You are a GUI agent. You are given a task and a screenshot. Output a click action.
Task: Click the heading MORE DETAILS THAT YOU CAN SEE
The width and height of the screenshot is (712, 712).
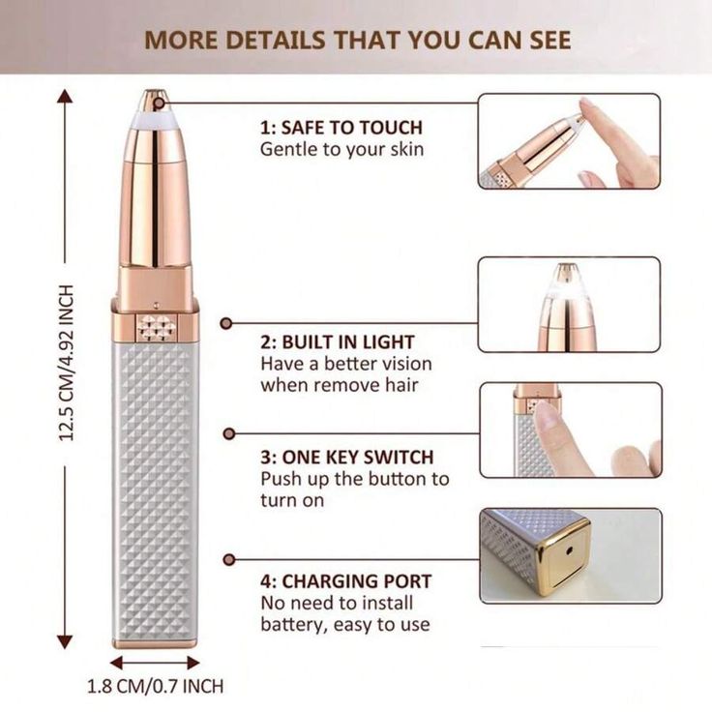(x=357, y=40)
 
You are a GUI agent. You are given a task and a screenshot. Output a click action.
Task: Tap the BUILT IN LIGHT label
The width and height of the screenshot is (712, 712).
(x=348, y=342)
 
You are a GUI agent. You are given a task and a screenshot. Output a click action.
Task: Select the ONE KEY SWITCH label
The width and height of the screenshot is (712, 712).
(x=358, y=458)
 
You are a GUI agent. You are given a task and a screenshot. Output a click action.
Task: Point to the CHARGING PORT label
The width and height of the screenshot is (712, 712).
(x=357, y=581)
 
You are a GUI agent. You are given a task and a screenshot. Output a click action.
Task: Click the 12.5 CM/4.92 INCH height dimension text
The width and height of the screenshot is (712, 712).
(x=67, y=363)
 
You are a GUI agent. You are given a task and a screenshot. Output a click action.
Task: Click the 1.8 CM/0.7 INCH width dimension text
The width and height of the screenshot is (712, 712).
(x=156, y=686)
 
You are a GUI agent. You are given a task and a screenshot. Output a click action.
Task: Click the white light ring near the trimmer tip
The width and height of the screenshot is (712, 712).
(x=155, y=119)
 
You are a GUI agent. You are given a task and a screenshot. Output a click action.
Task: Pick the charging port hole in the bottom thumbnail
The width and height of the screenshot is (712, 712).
(x=570, y=551)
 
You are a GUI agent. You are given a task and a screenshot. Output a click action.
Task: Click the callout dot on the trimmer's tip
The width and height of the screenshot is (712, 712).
(x=159, y=104)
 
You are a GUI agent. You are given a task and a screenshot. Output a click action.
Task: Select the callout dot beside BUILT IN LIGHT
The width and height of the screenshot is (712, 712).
(x=226, y=323)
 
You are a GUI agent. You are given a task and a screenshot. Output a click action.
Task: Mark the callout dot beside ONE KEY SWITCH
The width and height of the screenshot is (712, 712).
(x=229, y=433)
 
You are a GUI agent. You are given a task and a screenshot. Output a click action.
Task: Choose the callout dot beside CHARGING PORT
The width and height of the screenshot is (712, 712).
(x=229, y=559)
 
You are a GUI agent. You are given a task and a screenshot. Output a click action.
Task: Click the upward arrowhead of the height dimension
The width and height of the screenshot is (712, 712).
(x=66, y=97)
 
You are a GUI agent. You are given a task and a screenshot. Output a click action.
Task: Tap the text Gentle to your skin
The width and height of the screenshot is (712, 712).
(x=341, y=149)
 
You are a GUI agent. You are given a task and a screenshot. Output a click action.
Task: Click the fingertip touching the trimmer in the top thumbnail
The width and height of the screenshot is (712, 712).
(x=587, y=107)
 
